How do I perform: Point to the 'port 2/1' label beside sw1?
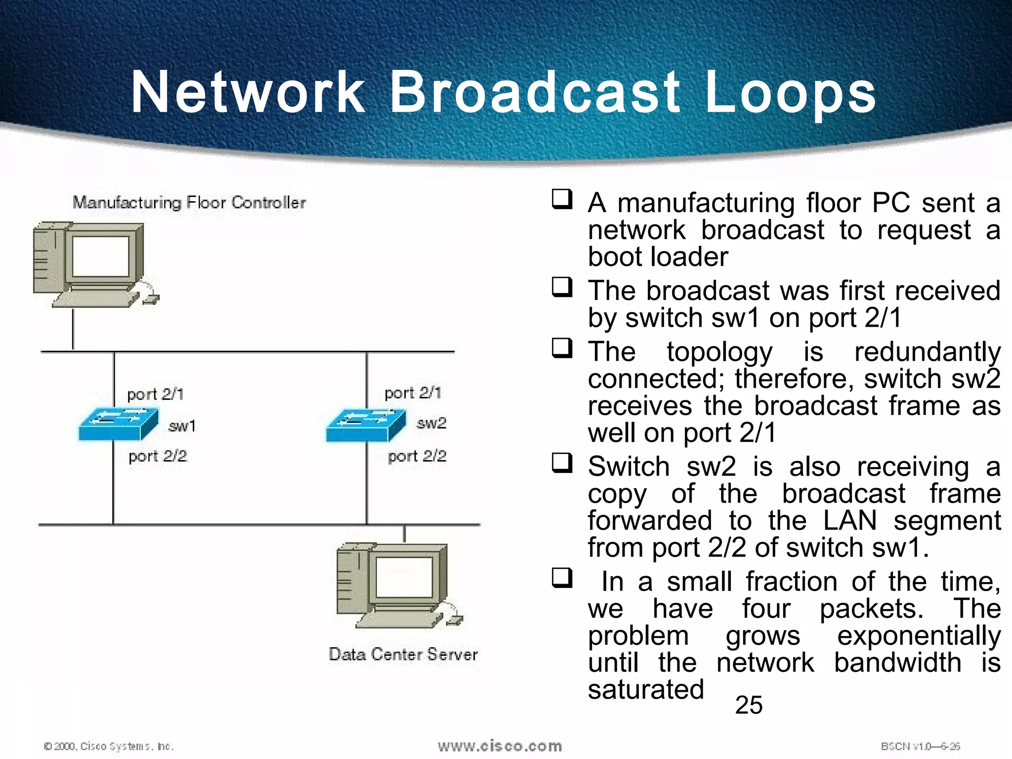(155, 394)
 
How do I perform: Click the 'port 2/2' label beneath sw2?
(417, 456)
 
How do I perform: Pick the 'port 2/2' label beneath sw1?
(158, 456)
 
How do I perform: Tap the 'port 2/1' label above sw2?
(413, 393)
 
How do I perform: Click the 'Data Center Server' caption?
(403, 654)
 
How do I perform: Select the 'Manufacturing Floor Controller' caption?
(189, 203)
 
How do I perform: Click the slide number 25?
(749, 705)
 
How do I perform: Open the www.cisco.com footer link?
(500, 746)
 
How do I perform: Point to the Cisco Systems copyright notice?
(109, 746)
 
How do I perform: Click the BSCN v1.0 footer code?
(920, 746)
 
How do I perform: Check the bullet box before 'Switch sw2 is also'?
(562, 463)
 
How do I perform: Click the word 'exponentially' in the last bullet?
(919, 635)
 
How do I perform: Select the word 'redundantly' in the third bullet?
(927, 352)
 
